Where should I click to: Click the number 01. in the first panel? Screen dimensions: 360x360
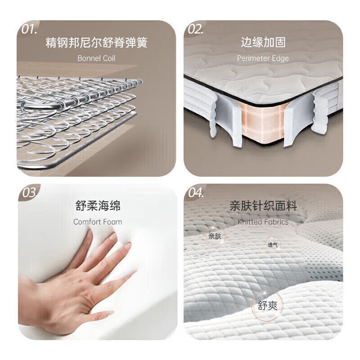pyautogui.click(x=29, y=29)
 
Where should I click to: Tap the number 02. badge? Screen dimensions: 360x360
pyautogui.click(x=196, y=29)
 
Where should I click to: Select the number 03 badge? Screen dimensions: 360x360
pyautogui.click(x=29, y=193)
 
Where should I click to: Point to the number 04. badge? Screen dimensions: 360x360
pyautogui.click(x=196, y=193)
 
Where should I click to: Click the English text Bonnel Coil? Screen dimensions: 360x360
pyautogui.click(x=96, y=58)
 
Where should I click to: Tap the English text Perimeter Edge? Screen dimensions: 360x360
pyautogui.click(x=263, y=58)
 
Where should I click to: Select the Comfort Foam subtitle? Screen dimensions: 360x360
pyautogui.click(x=98, y=222)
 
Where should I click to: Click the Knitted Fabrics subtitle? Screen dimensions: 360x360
pyautogui.click(x=263, y=222)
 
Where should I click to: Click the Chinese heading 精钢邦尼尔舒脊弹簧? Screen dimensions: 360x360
pyautogui.click(x=96, y=42)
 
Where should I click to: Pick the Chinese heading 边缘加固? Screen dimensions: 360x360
pyautogui.click(x=263, y=42)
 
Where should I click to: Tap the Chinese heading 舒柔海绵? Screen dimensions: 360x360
pyautogui.click(x=98, y=206)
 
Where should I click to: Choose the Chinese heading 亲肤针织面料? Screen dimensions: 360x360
pyautogui.click(x=263, y=206)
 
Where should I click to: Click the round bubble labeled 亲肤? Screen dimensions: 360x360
pyautogui.click(x=215, y=236)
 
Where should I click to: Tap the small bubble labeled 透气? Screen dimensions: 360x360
pyautogui.click(x=273, y=245)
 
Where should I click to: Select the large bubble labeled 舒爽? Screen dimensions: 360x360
pyautogui.click(x=267, y=306)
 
